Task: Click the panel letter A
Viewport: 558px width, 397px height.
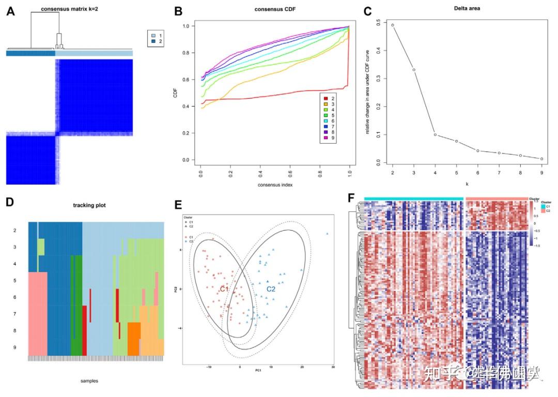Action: [10, 11]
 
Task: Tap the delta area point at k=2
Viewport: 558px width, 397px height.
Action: [393, 25]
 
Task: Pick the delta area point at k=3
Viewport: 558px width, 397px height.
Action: [414, 70]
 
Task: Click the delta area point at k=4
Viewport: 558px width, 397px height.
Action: [435, 134]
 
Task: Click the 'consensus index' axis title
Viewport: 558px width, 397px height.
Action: [275, 185]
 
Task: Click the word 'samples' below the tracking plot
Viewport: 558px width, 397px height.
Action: [89, 380]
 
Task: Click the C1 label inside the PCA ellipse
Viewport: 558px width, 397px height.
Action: [224, 289]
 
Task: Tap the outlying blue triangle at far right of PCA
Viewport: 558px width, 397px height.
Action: [327, 234]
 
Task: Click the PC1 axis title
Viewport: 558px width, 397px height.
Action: [257, 371]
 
